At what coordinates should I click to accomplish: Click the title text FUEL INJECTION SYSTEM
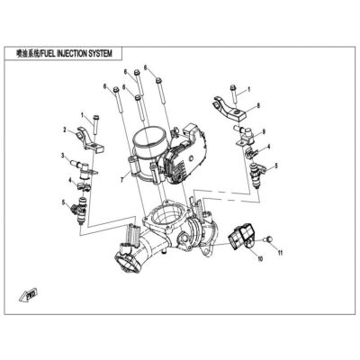(76, 54)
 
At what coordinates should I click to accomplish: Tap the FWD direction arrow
(28, 294)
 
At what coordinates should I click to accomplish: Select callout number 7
(122, 180)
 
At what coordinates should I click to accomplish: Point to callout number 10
(260, 259)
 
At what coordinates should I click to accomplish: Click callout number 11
(280, 253)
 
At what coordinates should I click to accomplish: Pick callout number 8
(258, 105)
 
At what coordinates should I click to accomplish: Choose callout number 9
(264, 131)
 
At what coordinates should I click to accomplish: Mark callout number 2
(65, 130)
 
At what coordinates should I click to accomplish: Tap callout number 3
(63, 156)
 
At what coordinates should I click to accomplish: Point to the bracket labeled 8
(231, 109)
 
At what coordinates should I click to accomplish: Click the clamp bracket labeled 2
(91, 139)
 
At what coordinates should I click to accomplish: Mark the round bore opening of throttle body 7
(149, 139)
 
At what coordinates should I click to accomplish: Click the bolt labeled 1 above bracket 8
(233, 95)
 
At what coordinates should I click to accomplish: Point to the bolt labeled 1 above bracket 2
(95, 124)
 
